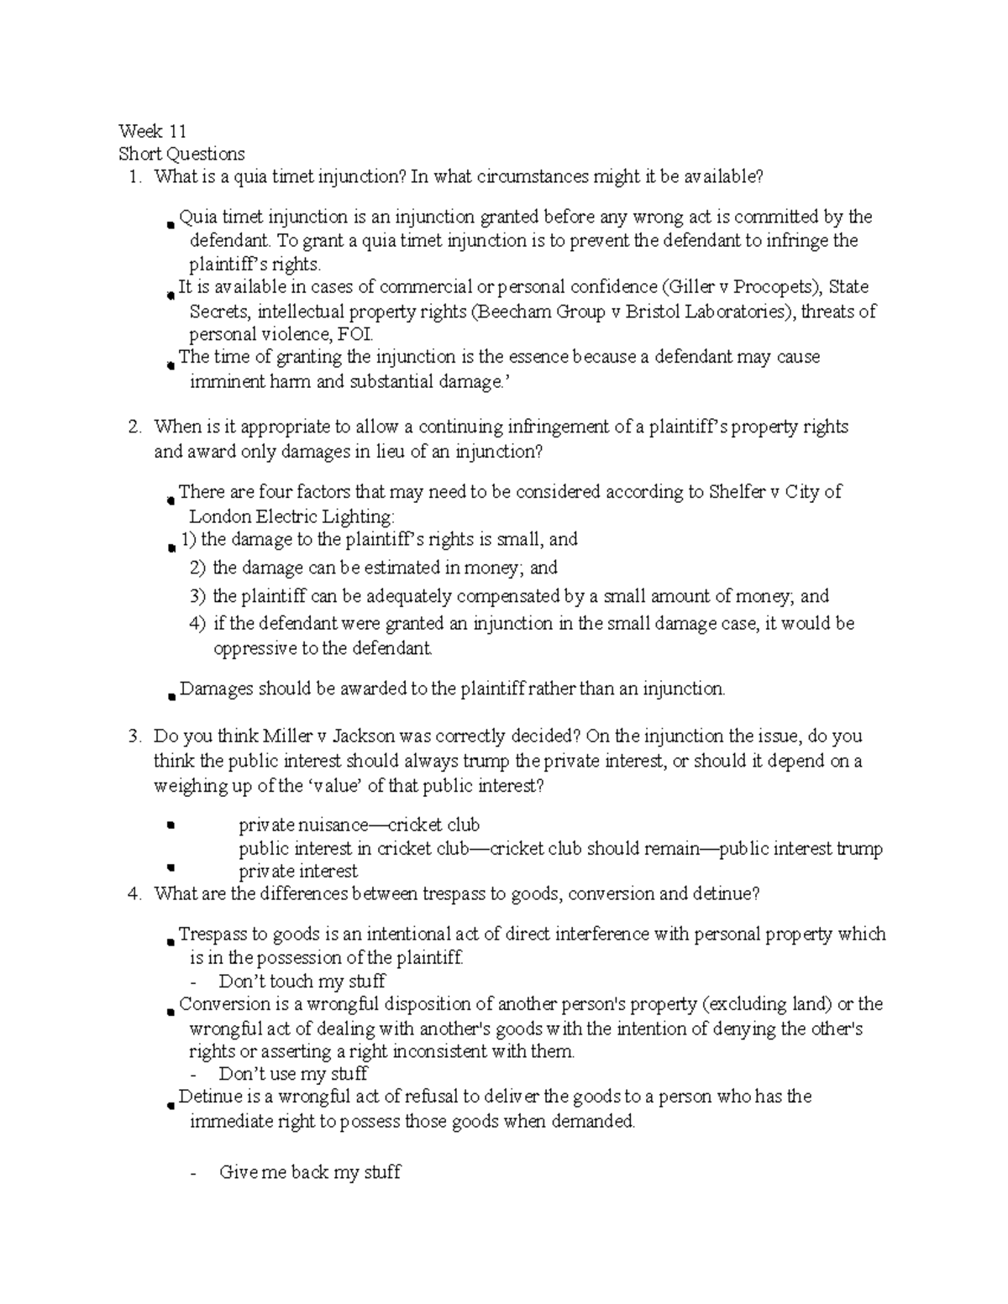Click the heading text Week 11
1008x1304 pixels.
point(152,131)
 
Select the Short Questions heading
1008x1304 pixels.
point(181,154)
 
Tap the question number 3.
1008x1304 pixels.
point(133,736)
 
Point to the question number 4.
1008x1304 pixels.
point(133,894)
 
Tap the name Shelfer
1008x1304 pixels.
point(734,492)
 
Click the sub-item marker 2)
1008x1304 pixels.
point(197,568)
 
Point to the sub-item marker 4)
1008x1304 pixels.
point(197,624)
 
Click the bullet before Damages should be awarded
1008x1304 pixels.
point(171,695)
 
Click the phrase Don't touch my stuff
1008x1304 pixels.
point(302,982)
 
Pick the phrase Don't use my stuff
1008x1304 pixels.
point(293,1074)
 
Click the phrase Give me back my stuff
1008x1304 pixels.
point(309,1172)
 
